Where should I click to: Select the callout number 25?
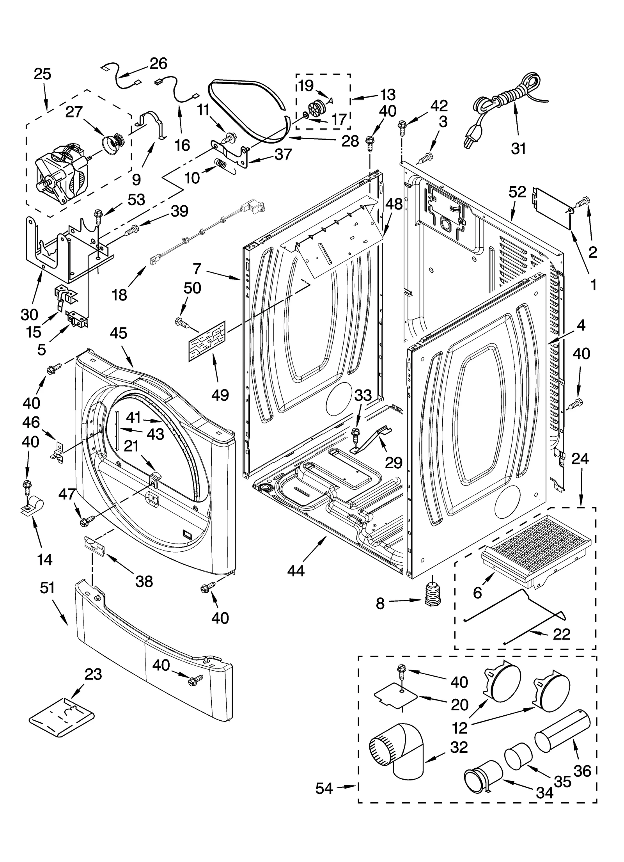click(43, 74)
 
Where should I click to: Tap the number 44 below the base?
click(296, 571)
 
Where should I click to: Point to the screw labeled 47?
click(87, 521)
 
